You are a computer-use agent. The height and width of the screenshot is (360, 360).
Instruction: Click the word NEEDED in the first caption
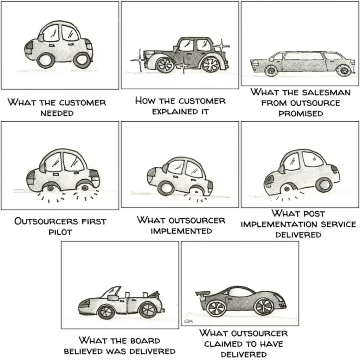57,113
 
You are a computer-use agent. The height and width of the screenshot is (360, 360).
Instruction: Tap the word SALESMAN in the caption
326,92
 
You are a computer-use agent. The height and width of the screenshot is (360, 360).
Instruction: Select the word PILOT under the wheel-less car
60,232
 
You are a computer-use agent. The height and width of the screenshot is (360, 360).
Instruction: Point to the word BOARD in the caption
145,340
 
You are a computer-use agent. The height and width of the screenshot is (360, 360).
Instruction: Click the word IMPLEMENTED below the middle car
181,231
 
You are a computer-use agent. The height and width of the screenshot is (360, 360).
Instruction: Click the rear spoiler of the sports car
202,294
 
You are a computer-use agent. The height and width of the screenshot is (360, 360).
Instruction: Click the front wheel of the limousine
271,70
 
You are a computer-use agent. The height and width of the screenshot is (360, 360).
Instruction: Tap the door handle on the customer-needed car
52,46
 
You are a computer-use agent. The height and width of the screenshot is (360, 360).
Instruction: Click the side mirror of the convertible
112,298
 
